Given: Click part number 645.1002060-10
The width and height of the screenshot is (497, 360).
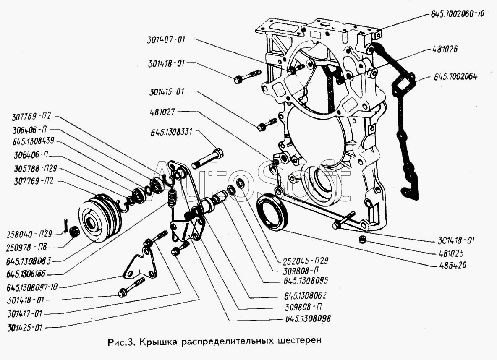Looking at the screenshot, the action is pyautogui.click(x=458, y=14).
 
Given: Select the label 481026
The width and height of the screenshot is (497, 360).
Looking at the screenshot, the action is pyautogui.click(x=445, y=50).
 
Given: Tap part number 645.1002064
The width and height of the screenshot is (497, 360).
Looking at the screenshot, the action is pyautogui.click(x=455, y=77).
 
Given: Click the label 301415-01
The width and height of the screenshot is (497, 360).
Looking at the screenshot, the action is pyautogui.click(x=166, y=92).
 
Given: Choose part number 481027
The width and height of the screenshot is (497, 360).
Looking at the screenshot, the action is pyautogui.click(x=162, y=112).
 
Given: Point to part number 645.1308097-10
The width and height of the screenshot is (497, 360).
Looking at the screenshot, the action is pyautogui.click(x=32, y=287).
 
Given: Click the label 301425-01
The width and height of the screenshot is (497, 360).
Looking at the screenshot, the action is pyautogui.click(x=25, y=328).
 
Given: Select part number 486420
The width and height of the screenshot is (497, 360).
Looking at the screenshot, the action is pyautogui.click(x=453, y=265).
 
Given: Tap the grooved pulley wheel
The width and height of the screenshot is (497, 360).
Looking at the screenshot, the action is pyautogui.click(x=99, y=218).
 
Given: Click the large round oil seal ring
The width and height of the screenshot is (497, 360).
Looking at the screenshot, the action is pyautogui.click(x=272, y=211).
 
